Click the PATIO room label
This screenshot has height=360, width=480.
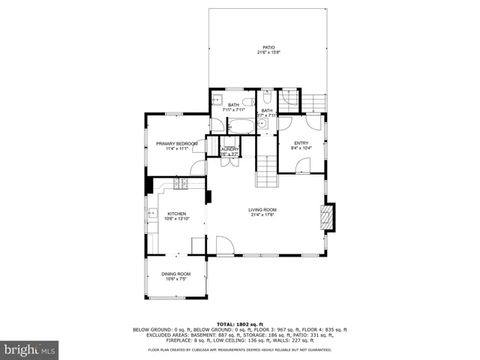click(x=268, y=46)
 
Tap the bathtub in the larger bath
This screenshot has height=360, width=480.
click(x=241, y=126)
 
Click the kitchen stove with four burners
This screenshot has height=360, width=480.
click(x=180, y=184)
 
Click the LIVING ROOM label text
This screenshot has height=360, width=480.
click(x=263, y=210)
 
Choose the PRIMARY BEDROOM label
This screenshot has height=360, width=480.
click(x=176, y=143)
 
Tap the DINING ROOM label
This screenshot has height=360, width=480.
click(x=176, y=274)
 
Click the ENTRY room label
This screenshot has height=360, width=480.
click(x=301, y=143)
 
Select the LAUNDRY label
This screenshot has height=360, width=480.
click(x=230, y=149)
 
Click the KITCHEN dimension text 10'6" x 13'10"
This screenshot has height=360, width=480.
click(x=176, y=218)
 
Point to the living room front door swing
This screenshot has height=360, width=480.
click(x=223, y=245)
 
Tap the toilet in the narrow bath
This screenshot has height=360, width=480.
click(x=268, y=98)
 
